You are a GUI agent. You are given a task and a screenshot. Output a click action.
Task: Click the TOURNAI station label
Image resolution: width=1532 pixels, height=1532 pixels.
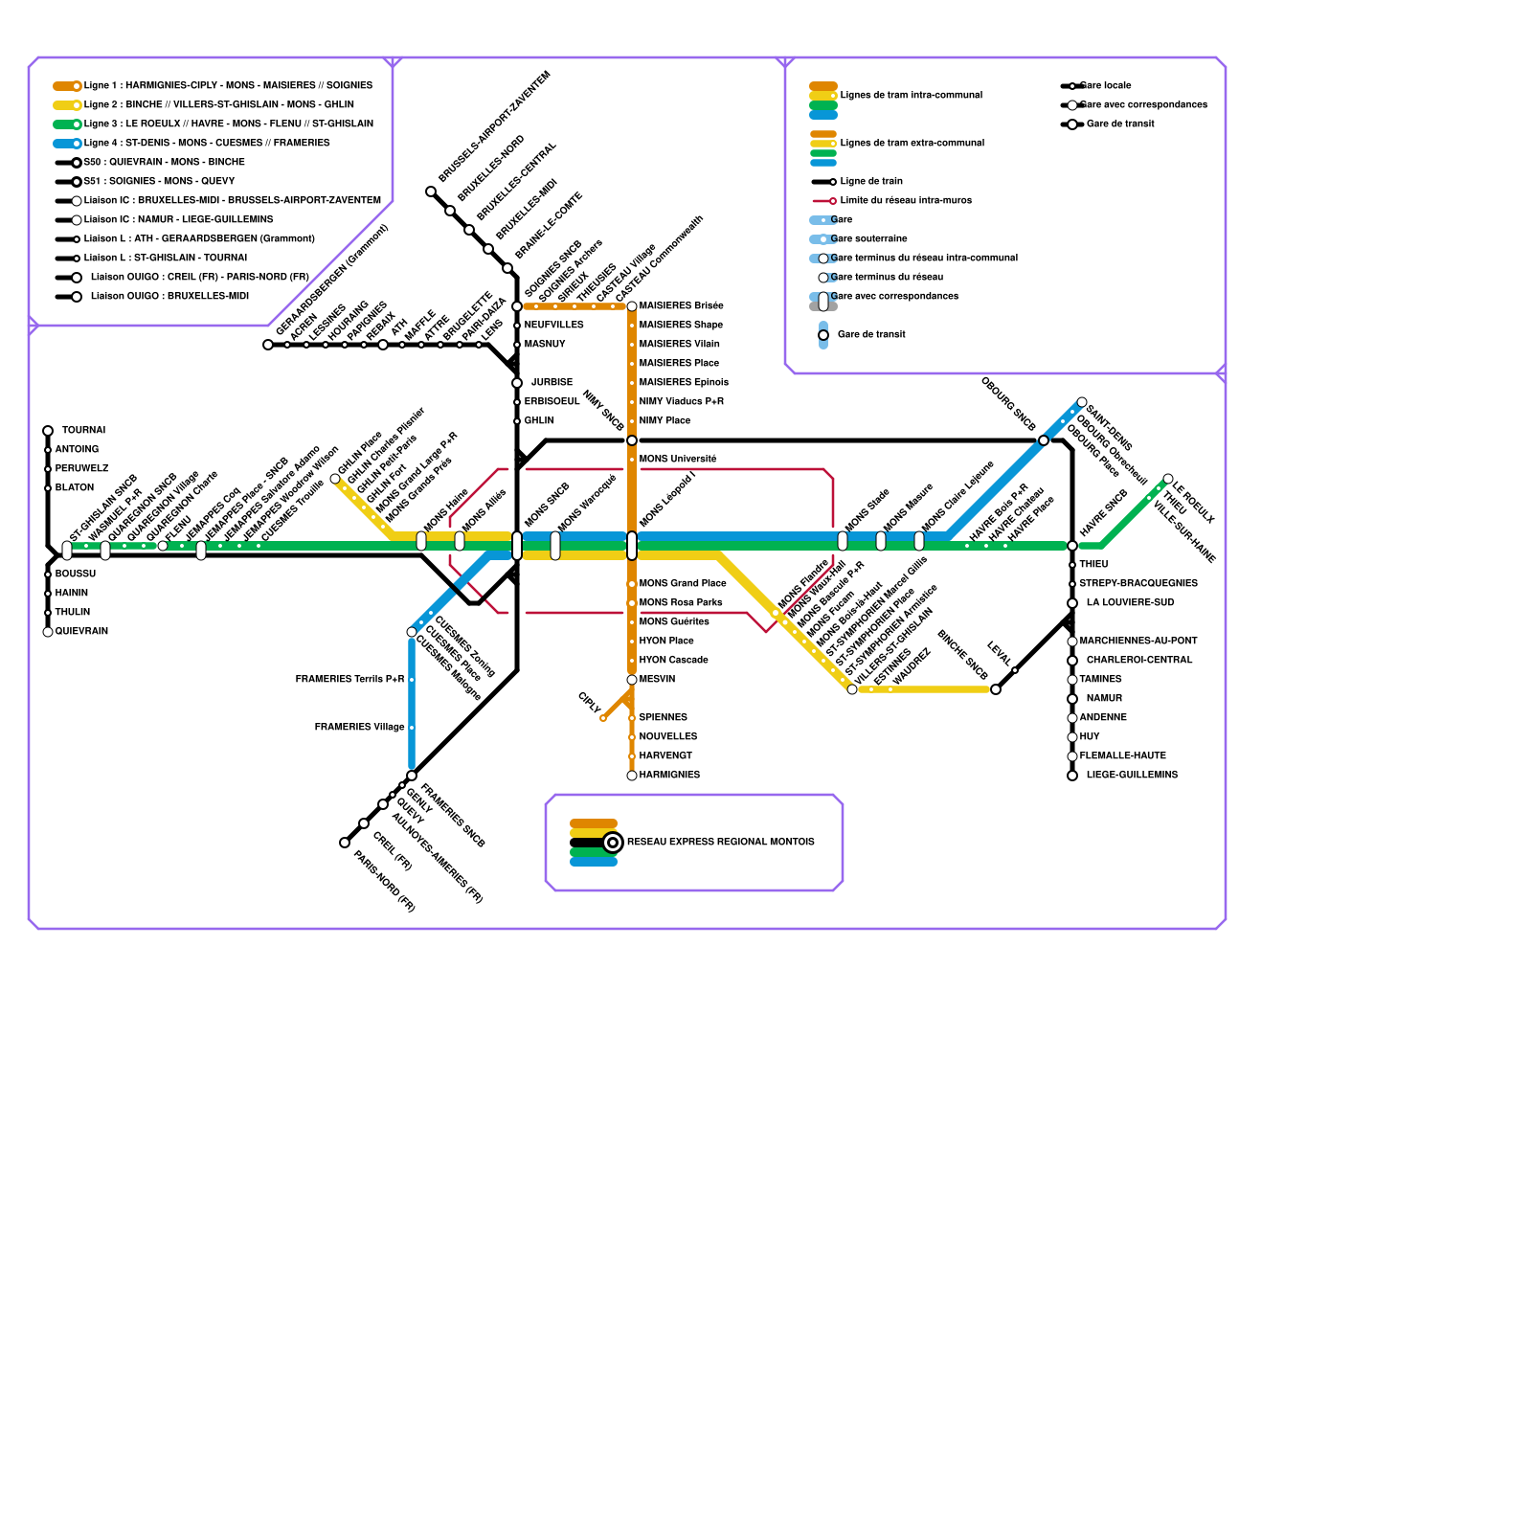coord(83,431)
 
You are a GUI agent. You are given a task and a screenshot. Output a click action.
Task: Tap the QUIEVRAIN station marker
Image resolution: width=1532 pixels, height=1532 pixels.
coord(48,632)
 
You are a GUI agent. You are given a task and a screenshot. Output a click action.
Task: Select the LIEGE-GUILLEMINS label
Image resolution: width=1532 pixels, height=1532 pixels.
coord(1132,776)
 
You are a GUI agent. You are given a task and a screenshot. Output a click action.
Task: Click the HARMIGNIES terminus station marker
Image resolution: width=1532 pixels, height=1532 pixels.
coord(632,776)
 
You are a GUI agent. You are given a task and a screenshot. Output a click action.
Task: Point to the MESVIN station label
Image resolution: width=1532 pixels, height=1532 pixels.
coord(657,680)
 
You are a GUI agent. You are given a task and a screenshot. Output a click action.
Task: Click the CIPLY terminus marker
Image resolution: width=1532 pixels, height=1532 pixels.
coord(602,718)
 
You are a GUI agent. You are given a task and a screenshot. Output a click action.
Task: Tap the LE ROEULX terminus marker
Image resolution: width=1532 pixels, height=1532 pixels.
coord(1168,479)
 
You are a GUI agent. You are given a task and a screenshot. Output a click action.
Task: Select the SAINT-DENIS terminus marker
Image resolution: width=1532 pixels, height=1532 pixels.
coord(1082,402)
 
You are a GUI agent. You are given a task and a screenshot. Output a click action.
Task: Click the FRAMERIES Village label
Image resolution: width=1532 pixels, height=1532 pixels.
coord(359,728)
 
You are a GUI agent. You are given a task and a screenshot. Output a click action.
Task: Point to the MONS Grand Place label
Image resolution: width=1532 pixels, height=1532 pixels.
coord(683,584)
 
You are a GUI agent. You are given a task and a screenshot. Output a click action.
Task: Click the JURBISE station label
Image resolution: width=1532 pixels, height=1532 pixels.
coord(552,383)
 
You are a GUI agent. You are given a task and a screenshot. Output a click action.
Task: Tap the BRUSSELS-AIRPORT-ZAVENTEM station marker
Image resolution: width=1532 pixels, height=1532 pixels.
coord(431,191)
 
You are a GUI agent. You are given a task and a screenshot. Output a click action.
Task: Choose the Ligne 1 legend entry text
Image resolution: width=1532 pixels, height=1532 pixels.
coord(228,86)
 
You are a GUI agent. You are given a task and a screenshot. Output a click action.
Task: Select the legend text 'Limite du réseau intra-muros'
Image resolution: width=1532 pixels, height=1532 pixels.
coord(906,201)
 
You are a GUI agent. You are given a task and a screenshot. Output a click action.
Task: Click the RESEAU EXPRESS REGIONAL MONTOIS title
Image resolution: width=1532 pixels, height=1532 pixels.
coord(721,843)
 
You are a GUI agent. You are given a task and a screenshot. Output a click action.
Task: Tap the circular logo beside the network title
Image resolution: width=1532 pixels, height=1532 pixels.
coord(613,843)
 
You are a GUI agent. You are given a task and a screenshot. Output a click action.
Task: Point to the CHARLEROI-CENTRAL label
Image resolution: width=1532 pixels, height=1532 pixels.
coord(1139,661)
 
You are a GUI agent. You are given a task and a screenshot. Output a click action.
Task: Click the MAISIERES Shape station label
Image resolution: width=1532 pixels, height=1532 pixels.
coord(681,326)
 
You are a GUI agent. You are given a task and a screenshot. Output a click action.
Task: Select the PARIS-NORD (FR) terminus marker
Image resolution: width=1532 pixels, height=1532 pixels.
coord(345,843)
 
